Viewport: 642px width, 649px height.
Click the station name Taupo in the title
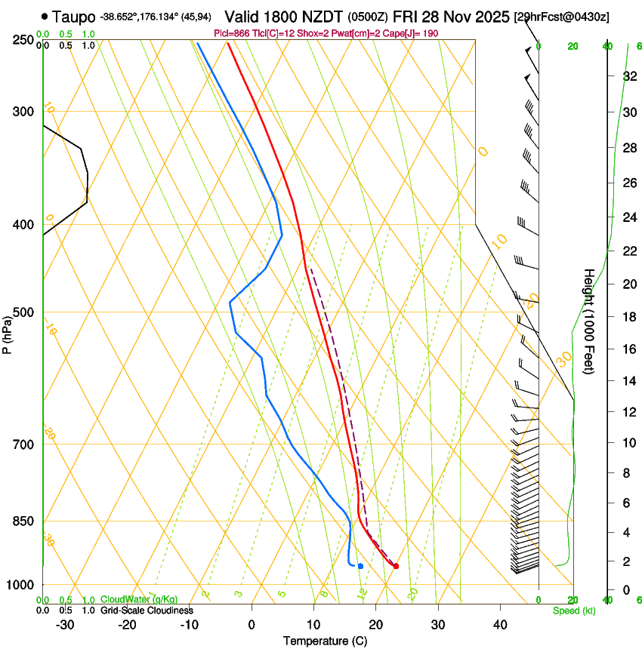click(x=75, y=16)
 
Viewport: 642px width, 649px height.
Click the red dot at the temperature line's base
click(x=396, y=566)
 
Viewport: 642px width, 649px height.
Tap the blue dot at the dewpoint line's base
click(x=361, y=566)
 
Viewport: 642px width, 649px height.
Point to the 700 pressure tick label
click(x=23, y=444)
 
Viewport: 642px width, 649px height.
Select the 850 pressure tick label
click(x=23, y=521)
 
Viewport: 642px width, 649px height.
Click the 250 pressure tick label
click(x=23, y=40)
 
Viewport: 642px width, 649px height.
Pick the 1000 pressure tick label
click(x=20, y=585)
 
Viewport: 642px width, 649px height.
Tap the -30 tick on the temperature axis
click(x=66, y=625)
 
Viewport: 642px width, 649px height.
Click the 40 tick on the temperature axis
click(x=500, y=625)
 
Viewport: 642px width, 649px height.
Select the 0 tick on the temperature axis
click(x=252, y=625)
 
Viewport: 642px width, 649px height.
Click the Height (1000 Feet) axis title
click(x=589, y=321)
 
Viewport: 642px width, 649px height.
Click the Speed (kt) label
click(x=574, y=611)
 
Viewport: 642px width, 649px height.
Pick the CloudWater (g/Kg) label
click(x=139, y=600)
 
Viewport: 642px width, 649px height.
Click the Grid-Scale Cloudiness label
click(x=147, y=611)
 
